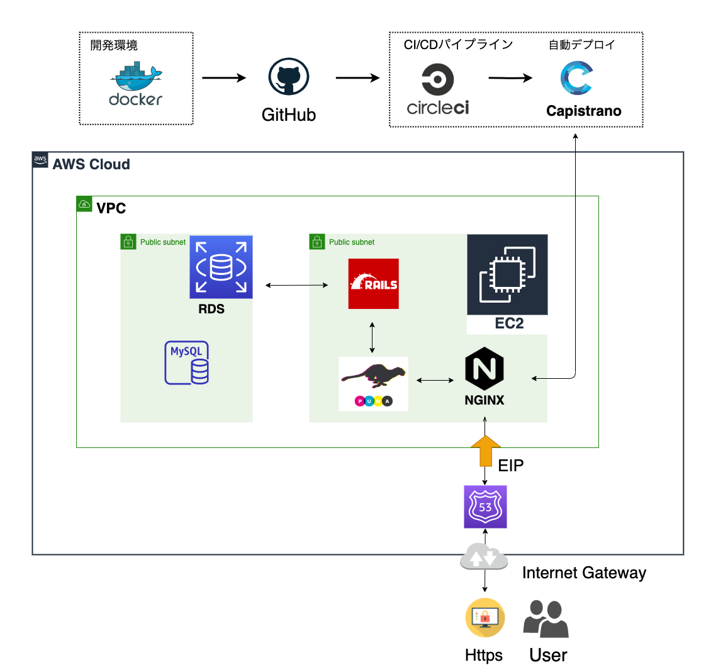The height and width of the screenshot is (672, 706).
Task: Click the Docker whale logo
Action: tap(135, 77)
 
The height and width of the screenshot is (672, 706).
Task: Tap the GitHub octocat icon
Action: tap(289, 77)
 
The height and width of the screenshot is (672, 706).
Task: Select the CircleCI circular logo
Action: tap(437, 80)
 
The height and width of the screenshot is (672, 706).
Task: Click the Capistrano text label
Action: tap(583, 111)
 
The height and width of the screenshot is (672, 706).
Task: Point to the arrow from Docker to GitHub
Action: tap(223, 78)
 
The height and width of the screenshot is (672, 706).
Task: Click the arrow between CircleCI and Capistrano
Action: tap(510, 78)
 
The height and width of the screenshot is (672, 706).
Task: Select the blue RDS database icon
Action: tap(221, 267)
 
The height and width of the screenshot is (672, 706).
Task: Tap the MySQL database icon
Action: tap(187, 363)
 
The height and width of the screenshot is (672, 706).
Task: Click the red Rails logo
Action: tap(373, 284)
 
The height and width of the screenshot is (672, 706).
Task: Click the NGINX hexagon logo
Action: tap(484, 369)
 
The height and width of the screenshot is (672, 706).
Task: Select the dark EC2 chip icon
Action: tap(507, 275)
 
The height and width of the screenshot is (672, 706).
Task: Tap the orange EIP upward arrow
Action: tap(485, 450)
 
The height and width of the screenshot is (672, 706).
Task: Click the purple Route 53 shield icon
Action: tap(485, 507)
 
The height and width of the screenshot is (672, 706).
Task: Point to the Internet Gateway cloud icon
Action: tap(484, 557)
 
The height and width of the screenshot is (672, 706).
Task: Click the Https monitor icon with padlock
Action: tap(485, 618)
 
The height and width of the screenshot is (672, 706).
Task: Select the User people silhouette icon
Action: tap(546, 619)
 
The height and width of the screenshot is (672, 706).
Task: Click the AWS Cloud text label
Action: tap(91, 164)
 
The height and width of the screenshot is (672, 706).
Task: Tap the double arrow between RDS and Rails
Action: tap(296, 286)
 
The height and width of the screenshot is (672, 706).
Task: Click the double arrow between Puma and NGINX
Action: tap(435, 380)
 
